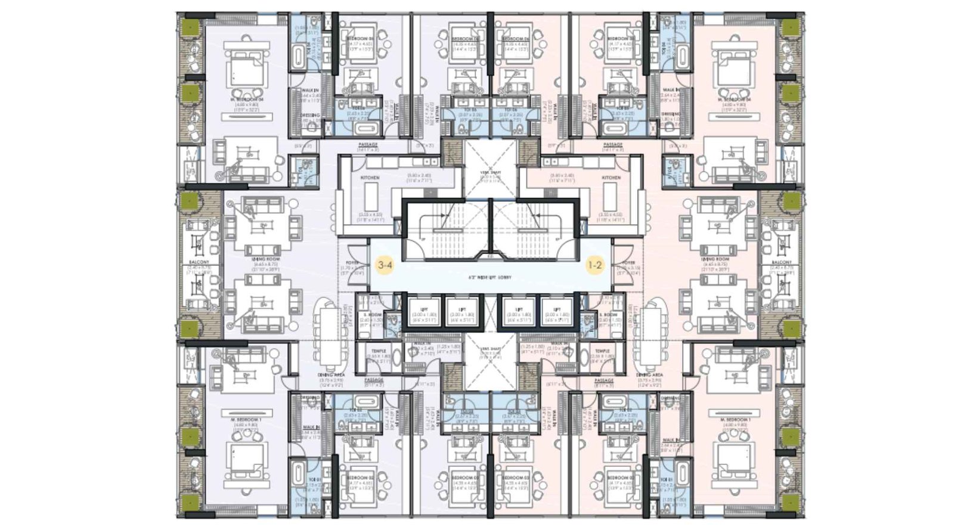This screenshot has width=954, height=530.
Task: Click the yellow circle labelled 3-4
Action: [385, 265]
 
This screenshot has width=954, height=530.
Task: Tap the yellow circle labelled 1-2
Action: [594, 265]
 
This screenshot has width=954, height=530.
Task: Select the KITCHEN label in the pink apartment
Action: [611, 178]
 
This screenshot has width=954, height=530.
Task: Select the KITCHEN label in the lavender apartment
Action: [370, 178]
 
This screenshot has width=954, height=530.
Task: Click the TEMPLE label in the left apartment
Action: [379, 352]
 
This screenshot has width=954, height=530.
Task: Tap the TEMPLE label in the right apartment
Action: [602, 352]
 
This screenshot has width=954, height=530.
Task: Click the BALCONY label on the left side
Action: [199, 262]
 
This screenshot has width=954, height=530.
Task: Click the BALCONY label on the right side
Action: [782, 262]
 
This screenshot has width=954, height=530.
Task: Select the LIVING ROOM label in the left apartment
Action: [262, 259]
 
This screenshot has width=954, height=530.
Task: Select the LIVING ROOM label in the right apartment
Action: [715, 259]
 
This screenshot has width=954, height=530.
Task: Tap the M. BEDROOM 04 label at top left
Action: [246, 100]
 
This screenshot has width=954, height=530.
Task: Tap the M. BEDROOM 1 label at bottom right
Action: [735, 420]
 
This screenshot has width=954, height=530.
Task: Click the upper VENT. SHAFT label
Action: [491, 172]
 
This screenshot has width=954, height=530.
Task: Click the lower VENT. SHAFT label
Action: [491, 349]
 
